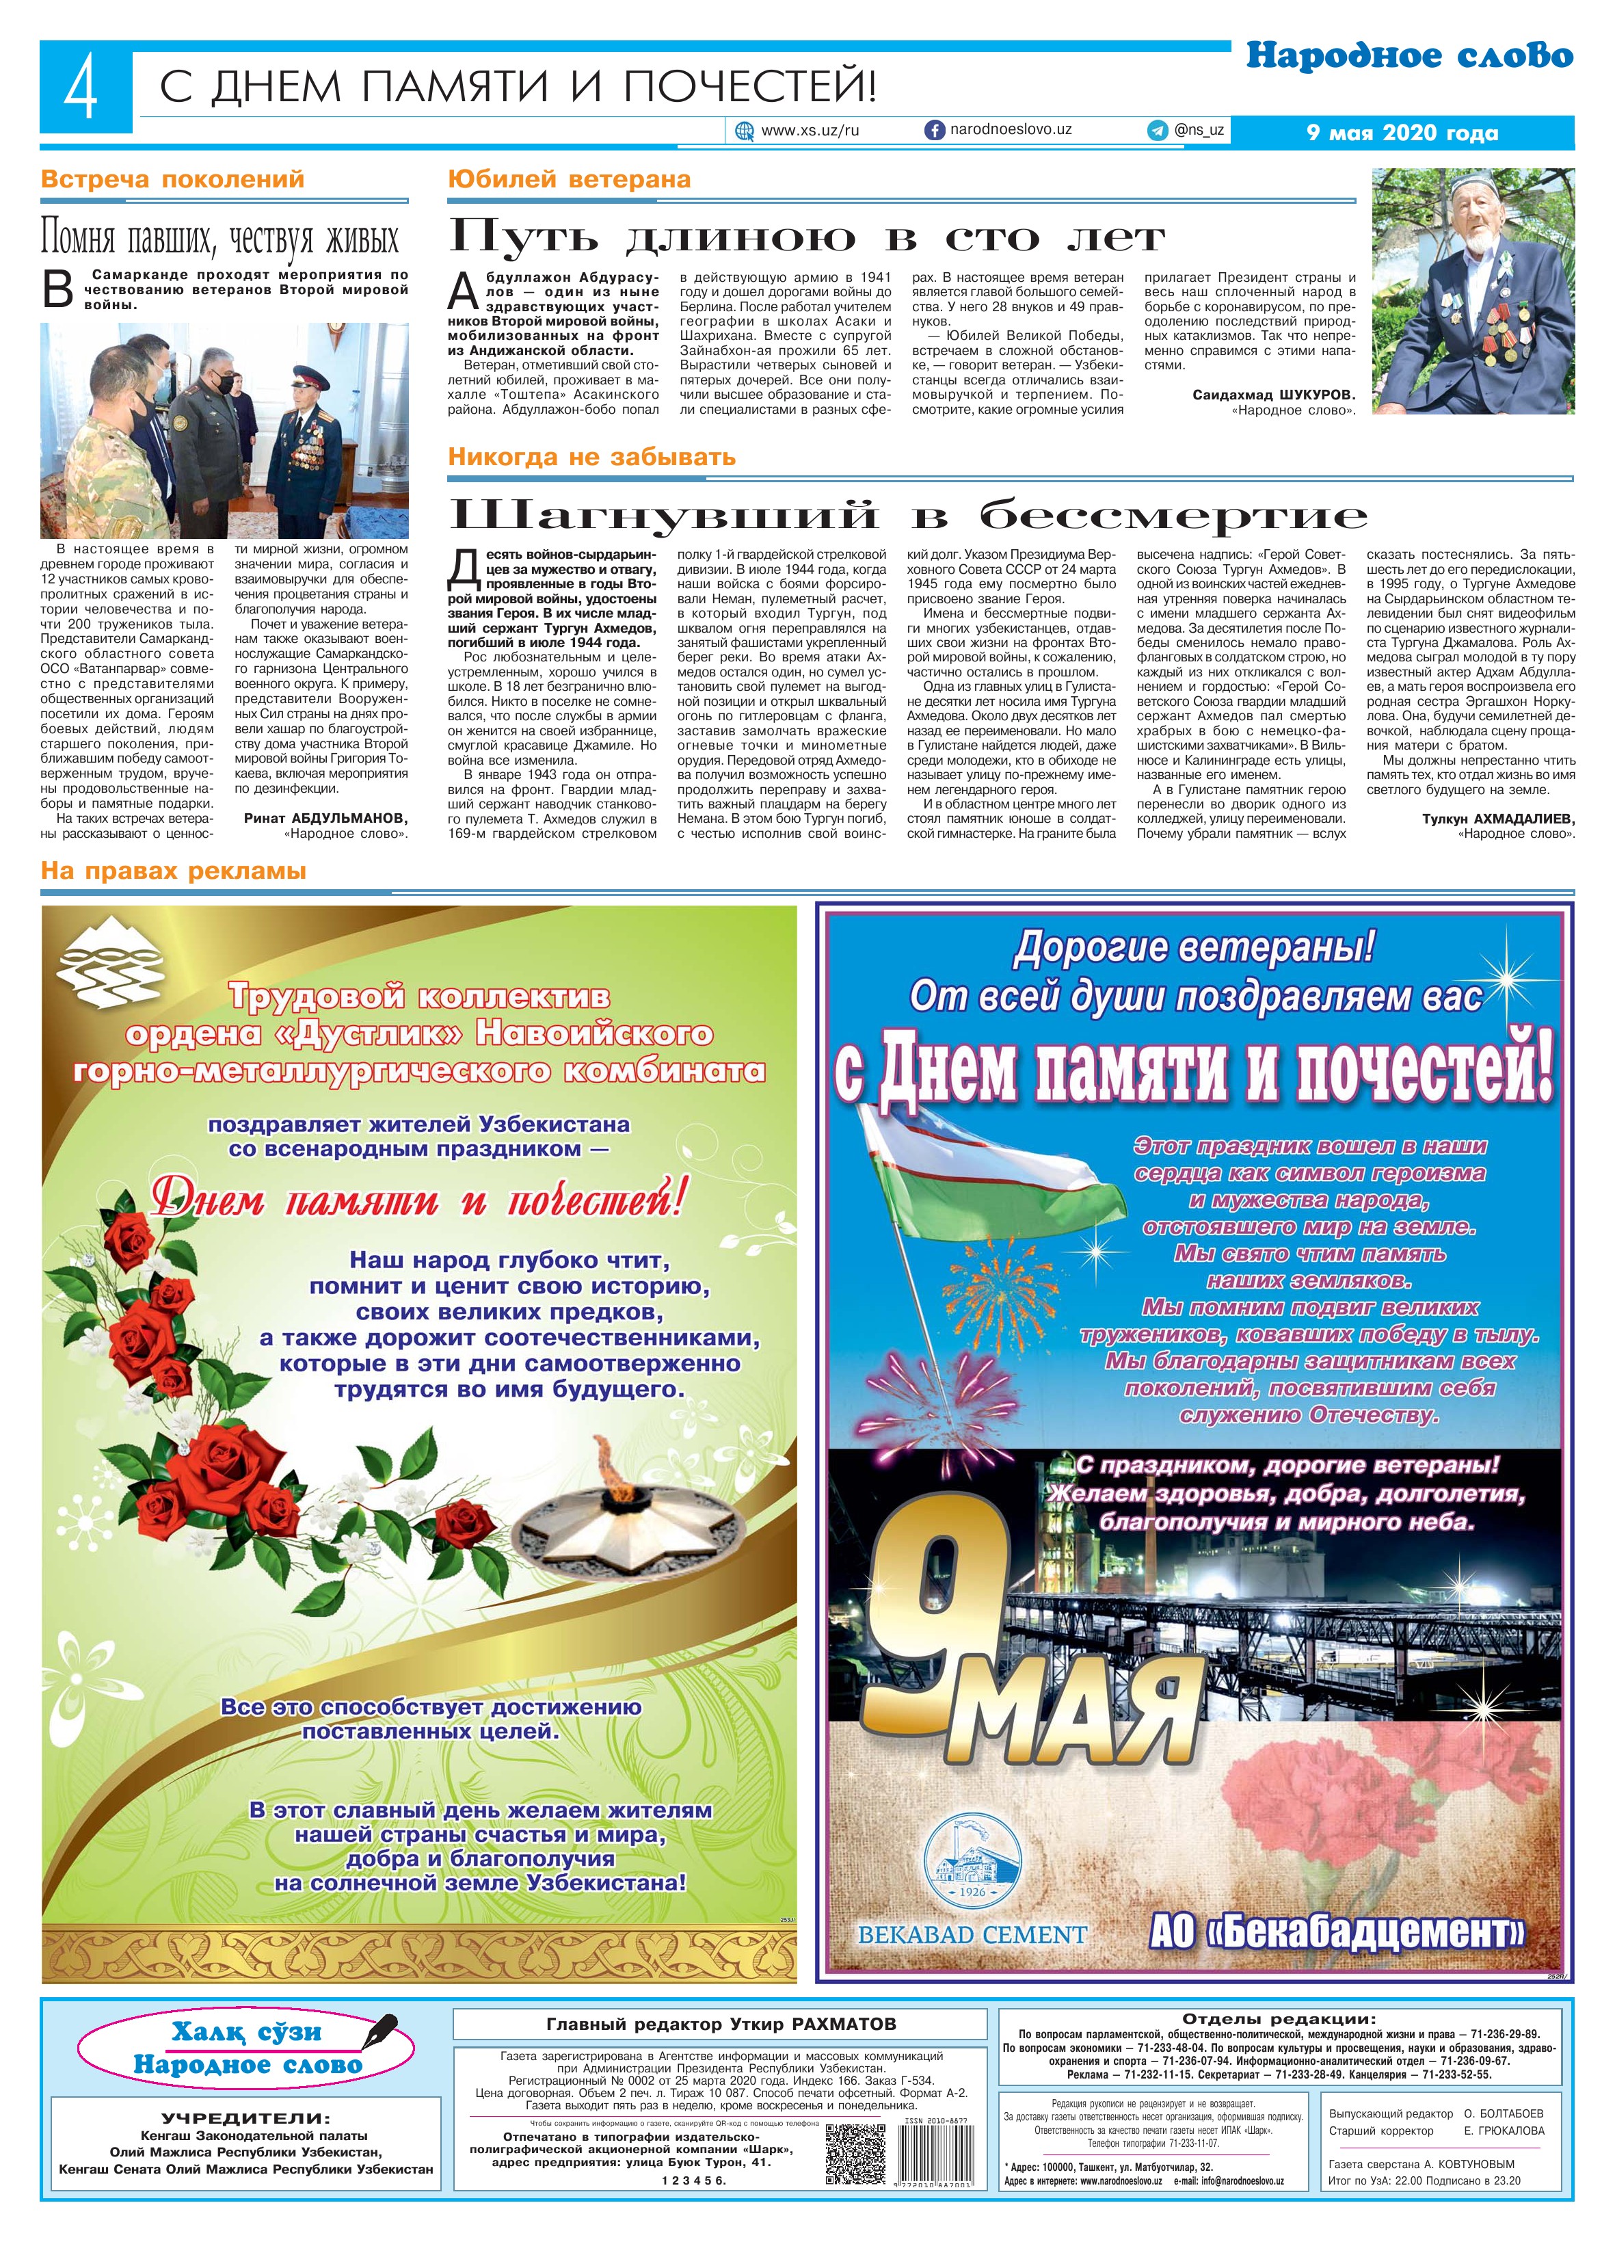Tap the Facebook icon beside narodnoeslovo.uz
coord(933,129)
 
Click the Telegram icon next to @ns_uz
coord(1156,129)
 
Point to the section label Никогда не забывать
coord(591,457)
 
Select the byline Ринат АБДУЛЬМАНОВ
coord(325,819)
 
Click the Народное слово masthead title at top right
coord(1409,56)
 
